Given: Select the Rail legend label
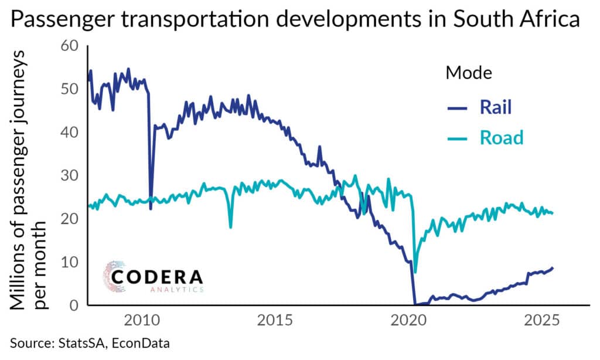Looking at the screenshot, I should click(496, 107).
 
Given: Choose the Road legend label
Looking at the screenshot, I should click(502, 138).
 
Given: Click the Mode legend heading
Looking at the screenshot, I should click(469, 73).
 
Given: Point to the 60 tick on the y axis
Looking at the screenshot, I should click(70, 46).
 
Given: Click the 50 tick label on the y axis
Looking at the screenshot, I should click(70, 89).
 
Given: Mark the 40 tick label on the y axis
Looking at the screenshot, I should click(70, 132).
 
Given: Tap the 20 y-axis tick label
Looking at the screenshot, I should click(70, 218).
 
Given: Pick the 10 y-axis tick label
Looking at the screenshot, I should click(70, 261).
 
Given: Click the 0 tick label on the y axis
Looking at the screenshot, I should click(74, 305).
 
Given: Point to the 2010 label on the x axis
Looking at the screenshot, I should click(141, 321).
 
